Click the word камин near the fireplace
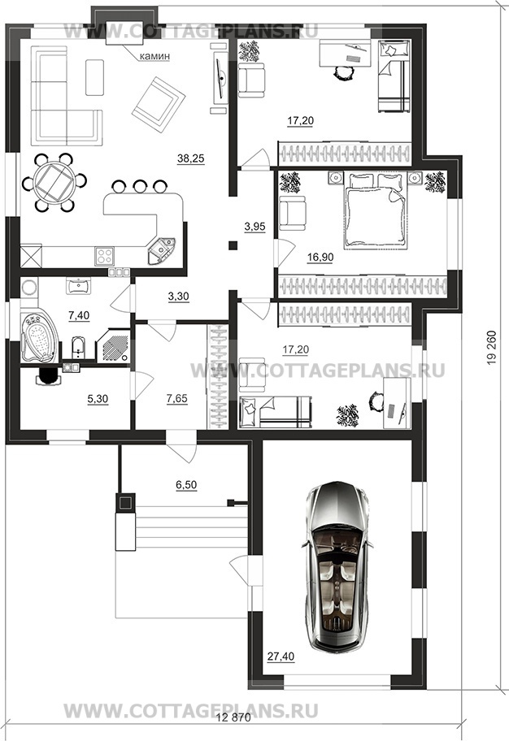click(x=154, y=56)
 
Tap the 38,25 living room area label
click(x=190, y=158)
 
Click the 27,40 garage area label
click(x=281, y=656)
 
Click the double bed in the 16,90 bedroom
click(x=375, y=210)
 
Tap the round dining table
click(x=55, y=182)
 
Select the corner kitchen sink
click(x=161, y=250)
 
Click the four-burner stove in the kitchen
click(x=105, y=256)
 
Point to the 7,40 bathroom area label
click(x=79, y=315)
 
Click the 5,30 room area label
click(x=98, y=399)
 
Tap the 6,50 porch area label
click(x=186, y=485)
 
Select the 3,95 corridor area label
click(x=254, y=227)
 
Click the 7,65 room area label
click(x=177, y=399)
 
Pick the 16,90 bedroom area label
click(x=320, y=258)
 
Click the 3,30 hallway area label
click(x=178, y=297)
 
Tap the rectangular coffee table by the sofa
click(x=94, y=77)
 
